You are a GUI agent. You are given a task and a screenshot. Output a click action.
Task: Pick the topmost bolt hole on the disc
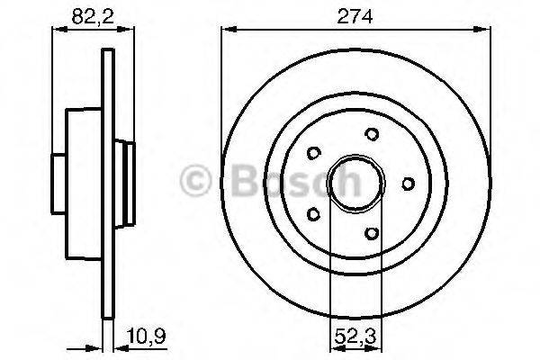click(x=372, y=134)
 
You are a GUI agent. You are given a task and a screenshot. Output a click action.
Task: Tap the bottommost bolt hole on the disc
click(x=371, y=232)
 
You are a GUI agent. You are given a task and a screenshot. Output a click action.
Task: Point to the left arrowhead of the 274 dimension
click(x=225, y=30)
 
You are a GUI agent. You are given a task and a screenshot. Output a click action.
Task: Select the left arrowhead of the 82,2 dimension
click(x=56, y=30)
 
